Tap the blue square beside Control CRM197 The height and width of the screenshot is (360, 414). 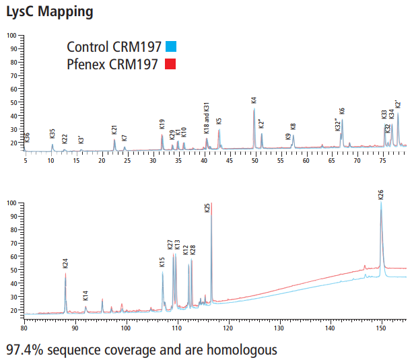click(x=171, y=47)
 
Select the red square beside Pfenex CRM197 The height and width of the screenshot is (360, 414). click(x=171, y=65)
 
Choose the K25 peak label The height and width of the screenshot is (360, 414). click(x=207, y=208)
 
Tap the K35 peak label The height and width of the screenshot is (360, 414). click(x=53, y=133)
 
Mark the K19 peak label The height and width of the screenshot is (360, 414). click(x=162, y=124)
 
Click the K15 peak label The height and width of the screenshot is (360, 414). click(x=162, y=262)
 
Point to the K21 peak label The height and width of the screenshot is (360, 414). click(x=114, y=129)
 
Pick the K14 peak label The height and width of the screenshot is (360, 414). click(x=85, y=295)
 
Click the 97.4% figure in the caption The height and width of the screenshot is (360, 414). click(x=25, y=350)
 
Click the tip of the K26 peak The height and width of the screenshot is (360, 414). click(x=381, y=203)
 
